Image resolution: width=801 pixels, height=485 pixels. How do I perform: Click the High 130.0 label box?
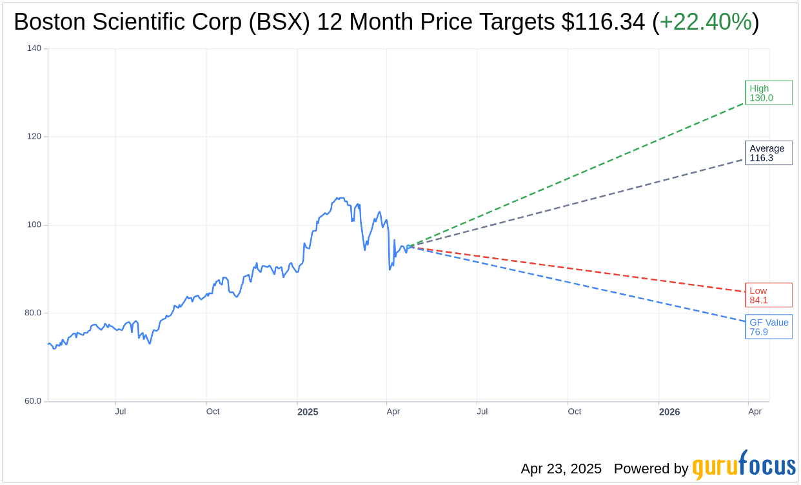point(768,93)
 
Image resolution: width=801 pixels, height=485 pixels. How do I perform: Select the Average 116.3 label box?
point(768,153)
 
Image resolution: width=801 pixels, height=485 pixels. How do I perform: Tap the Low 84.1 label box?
point(768,295)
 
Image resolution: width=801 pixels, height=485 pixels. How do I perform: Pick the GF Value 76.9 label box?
point(768,327)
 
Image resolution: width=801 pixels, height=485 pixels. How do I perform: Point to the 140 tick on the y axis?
point(34,48)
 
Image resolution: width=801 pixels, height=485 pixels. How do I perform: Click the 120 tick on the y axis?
point(34,137)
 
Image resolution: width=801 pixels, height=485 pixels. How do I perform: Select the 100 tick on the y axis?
point(34,225)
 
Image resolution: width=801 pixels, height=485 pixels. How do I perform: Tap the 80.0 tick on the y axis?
point(32,313)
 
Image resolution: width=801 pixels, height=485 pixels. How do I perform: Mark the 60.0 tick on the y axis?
point(32,401)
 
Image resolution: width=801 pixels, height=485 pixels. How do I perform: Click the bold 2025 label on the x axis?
point(308,411)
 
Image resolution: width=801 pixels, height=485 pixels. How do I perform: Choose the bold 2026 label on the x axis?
point(669,411)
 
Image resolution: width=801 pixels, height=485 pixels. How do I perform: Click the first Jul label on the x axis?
point(121,411)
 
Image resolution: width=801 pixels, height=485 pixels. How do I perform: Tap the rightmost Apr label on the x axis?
point(755,411)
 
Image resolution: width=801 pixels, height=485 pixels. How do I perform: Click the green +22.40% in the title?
point(706,23)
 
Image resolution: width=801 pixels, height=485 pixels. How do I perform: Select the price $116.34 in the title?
point(603,23)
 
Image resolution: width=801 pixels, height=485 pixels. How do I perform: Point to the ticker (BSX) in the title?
point(281,23)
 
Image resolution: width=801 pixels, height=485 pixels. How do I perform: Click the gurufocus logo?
point(744,466)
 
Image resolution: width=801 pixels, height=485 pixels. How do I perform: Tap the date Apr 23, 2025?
point(561,469)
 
